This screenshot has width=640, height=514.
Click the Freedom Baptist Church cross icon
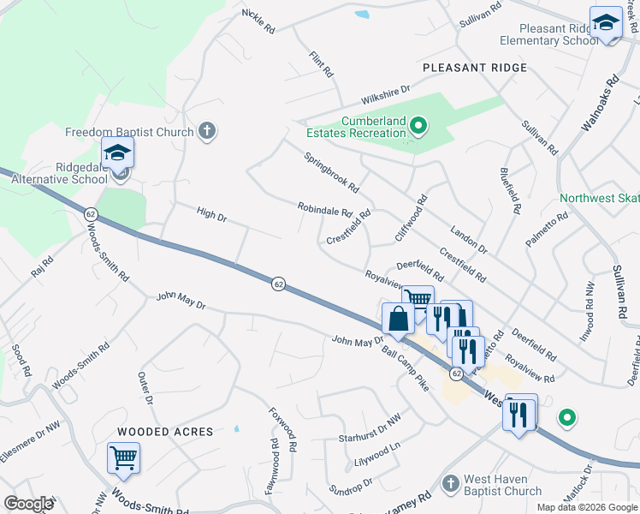coord(205,131)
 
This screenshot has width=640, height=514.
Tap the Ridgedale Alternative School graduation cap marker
coord(117,155)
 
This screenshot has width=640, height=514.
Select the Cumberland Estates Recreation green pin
coord(418,128)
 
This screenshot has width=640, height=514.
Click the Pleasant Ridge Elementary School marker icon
coord(606,23)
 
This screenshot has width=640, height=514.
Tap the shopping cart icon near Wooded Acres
coord(123,457)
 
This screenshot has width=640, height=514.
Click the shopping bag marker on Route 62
coord(399,319)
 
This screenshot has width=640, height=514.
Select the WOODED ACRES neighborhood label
coord(165,432)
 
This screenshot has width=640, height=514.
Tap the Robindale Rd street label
coord(325,209)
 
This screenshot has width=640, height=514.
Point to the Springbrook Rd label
coord(331,172)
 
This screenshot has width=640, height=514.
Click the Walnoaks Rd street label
coord(599,105)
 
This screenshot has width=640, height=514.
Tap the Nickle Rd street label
coord(258,21)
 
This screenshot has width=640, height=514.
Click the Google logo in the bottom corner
coord(28,504)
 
